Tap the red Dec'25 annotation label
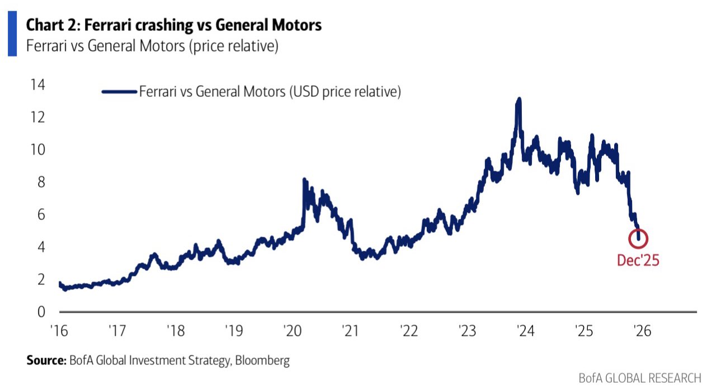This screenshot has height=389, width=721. pyautogui.click(x=638, y=260)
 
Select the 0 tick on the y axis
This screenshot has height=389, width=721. pyautogui.click(x=40, y=311)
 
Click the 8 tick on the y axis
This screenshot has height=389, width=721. pyautogui.click(x=40, y=182)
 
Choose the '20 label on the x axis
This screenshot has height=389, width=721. pyautogui.click(x=291, y=331)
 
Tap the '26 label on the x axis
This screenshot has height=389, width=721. pyautogui.click(x=642, y=331)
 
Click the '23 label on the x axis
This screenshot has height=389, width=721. pyautogui.click(x=466, y=331)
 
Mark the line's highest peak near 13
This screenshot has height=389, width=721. pyautogui.click(x=519, y=100)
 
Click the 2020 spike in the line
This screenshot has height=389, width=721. pyautogui.click(x=304, y=180)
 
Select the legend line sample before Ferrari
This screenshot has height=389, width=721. pyautogui.click(x=119, y=91)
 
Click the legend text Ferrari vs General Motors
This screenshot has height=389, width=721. pyautogui.click(x=270, y=91)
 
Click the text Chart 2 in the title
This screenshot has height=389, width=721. pyautogui.click(x=49, y=25)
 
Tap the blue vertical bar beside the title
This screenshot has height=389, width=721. pyautogui.click(x=12, y=35)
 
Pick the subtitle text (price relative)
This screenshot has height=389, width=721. pyautogui.click(x=233, y=46)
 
